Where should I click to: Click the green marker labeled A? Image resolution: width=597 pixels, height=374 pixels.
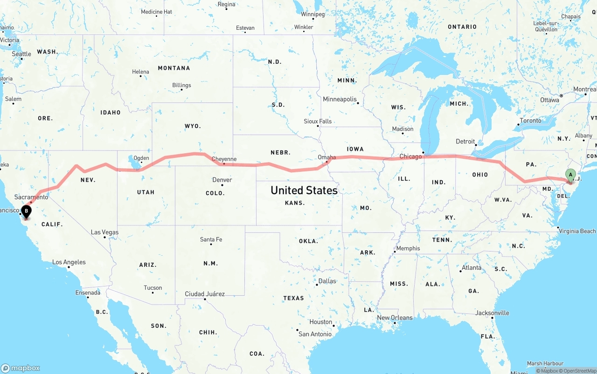point(570,175)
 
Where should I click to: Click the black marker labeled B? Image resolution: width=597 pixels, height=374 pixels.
point(27,212)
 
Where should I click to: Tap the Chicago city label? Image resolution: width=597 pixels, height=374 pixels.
point(410,156)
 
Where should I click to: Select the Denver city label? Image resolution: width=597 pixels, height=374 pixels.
point(222,180)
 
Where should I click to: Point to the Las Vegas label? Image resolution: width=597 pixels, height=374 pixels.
point(104,232)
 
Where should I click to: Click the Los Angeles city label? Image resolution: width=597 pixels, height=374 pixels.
point(69,262)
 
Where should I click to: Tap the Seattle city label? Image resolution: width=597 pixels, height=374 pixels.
point(21,54)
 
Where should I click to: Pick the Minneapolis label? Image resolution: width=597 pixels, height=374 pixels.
point(340,99)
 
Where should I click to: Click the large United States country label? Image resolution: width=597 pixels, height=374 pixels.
point(304,190)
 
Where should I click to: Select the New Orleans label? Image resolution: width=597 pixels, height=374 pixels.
point(395,318)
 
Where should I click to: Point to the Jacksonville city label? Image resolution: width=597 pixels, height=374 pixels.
point(493,313)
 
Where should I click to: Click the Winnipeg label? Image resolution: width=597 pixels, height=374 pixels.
point(312,14)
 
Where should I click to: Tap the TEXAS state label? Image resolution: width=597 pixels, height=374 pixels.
point(293,298)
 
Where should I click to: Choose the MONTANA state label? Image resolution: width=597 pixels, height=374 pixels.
point(174,68)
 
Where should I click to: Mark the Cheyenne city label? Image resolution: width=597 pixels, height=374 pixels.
point(224,159)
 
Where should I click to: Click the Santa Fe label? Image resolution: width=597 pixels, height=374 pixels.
point(211,239)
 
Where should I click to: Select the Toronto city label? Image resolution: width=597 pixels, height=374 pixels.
point(530,121)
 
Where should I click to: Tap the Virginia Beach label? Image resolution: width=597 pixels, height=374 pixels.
point(577,231)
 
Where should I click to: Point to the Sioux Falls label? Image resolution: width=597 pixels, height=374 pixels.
point(318,121)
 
